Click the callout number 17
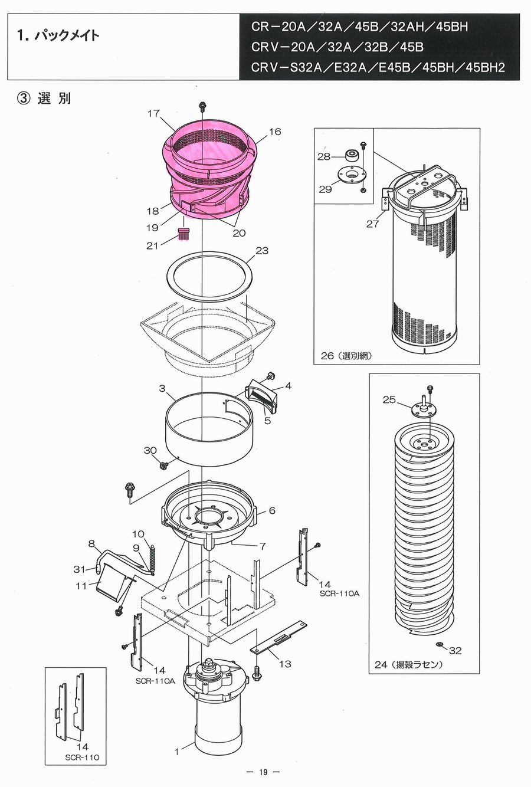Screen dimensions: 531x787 point(153,113)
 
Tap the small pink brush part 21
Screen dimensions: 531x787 point(184,234)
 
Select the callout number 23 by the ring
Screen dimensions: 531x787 point(262,251)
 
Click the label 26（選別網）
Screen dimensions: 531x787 point(346,356)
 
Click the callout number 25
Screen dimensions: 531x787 point(389,400)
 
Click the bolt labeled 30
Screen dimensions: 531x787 point(163,465)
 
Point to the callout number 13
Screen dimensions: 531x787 point(285,664)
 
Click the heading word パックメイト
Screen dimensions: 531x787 point(67,35)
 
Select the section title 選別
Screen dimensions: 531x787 point(54,99)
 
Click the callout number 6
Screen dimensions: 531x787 point(272,510)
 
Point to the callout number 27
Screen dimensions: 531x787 point(372,224)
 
